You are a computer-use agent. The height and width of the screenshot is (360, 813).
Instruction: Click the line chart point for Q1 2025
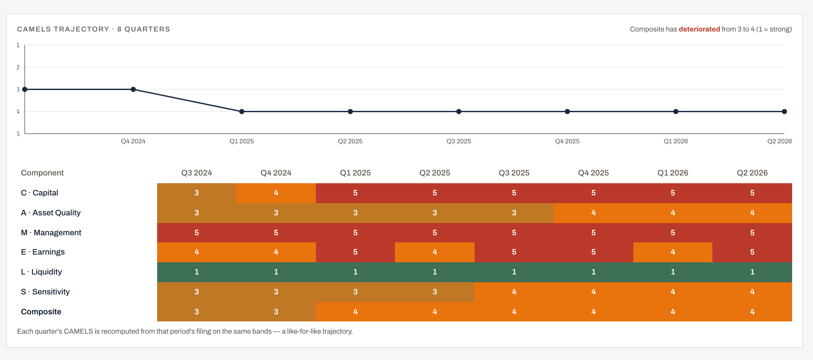click(242, 112)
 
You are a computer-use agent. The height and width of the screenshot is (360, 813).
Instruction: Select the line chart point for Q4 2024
click(133, 89)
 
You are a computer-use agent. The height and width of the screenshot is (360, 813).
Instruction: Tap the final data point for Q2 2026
click(784, 112)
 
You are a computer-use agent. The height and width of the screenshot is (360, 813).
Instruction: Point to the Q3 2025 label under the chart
click(459, 141)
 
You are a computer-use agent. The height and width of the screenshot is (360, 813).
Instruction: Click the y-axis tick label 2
click(18, 67)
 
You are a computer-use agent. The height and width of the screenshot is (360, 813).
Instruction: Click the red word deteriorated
click(699, 29)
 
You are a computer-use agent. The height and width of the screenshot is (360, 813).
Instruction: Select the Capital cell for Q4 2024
click(276, 193)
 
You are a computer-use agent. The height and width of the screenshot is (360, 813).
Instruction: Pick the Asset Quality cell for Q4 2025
click(594, 213)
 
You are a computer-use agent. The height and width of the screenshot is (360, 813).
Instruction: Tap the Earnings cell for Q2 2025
click(435, 252)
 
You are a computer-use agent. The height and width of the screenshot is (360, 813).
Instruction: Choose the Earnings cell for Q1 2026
click(673, 252)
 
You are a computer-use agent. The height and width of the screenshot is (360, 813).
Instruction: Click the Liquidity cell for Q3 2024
click(197, 272)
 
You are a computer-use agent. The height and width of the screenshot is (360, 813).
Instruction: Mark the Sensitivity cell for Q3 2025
click(514, 292)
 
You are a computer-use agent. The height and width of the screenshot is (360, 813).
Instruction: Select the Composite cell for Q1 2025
click(355, 312)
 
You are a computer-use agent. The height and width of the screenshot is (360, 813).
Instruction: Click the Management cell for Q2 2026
click(752, 232)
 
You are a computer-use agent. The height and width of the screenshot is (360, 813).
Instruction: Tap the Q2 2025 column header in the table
click(435, 173)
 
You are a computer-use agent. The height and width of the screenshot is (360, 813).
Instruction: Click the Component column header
click(42, 173)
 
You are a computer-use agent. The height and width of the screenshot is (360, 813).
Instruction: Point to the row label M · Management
click(51, 232)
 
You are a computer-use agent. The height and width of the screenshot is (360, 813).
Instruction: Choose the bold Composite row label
click(41, 312)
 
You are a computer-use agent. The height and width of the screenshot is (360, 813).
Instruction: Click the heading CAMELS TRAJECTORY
click(63, 29)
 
